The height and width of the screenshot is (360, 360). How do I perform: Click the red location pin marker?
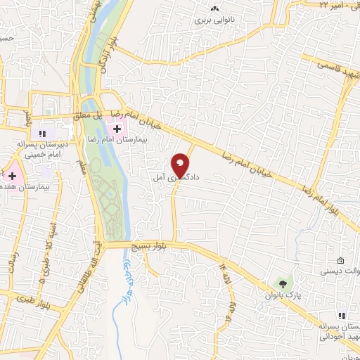(x=181, y=165)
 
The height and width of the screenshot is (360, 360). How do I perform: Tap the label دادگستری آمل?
(x=176, y=179)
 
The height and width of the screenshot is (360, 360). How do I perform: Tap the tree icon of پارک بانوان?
(x=283, y=284)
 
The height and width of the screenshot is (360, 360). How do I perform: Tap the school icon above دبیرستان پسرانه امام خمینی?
(x=43, y=133)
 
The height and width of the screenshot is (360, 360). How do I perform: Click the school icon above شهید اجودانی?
(x=342, y=317)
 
